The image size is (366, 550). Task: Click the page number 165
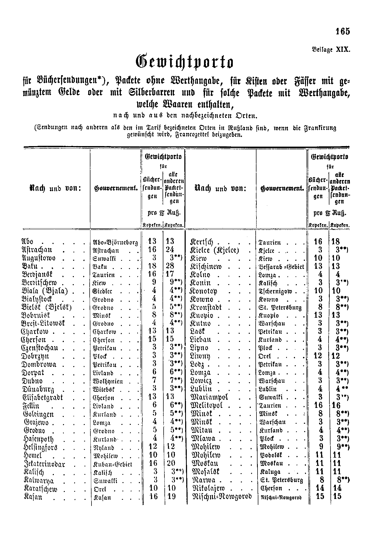click(343, 31)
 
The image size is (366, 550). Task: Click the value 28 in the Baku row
click(170, 266)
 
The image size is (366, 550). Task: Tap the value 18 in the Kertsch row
click(336, 242)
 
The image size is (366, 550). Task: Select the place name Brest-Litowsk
click(43, 323)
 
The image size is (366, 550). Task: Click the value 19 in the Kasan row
click(171, 497)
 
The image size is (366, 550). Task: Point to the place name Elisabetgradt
click(43, 397)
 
